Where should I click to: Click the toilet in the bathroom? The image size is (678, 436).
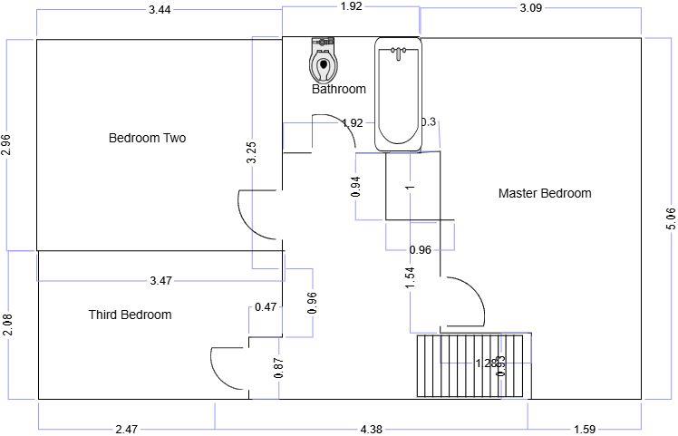click(323, 61)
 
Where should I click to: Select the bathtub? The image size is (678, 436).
click(399, 93)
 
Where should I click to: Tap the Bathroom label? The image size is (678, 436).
click(339, 89)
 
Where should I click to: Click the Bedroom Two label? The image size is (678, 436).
click(147, 139)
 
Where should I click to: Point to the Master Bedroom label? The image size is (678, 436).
click(545, 193)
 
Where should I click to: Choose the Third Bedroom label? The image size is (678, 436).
click(130, 315)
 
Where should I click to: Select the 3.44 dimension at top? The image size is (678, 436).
click(160, 9)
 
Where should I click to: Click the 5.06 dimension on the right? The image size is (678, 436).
click(670, 219)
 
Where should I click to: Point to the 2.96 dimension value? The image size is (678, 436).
click(6, 146)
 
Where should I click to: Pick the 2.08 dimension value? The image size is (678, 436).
click(6, 325)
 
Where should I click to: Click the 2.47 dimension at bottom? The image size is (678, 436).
click(126, 430)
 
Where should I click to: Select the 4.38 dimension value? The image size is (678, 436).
click(372, 430)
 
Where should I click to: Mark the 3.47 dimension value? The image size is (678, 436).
click(160, 280)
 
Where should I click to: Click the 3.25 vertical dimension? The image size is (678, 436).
click(252, 153)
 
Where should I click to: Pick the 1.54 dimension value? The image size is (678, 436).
click(410, 278)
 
